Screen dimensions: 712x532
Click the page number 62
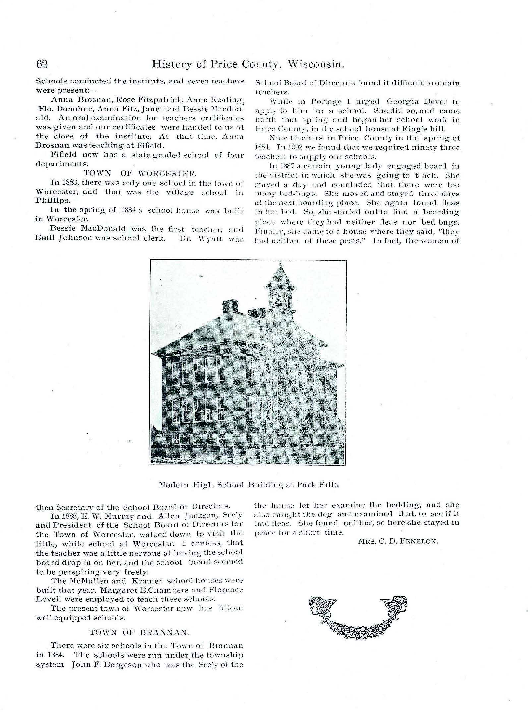(42, 64)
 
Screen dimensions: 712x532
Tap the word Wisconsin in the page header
(316, 64)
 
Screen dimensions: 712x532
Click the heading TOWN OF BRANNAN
(139, 632)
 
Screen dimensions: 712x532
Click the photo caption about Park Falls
(249, 485)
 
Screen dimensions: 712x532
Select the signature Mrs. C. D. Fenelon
(398, 542)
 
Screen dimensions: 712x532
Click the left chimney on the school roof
(230, 305)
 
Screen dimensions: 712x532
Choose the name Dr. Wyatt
(201, 239)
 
